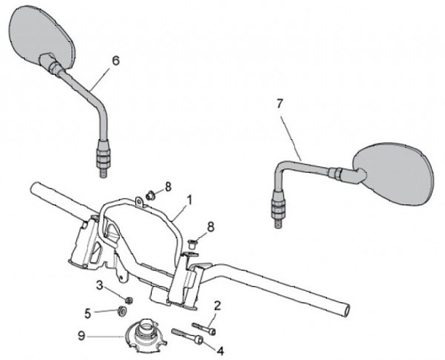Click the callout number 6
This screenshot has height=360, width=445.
coord(116,61)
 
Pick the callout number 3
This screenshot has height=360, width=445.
coord(100,285)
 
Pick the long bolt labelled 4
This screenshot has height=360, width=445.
coord(189,337)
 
